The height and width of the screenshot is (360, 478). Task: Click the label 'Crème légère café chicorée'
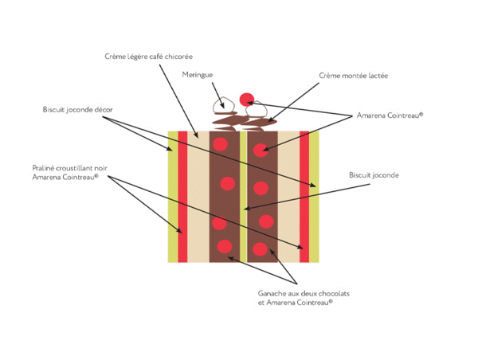[149, 57]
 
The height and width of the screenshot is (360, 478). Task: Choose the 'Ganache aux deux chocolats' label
[304, 294]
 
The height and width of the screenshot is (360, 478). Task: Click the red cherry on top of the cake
[247, 100]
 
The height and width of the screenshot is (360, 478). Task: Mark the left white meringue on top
[221, 104]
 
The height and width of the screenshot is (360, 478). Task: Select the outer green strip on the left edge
[173, 196]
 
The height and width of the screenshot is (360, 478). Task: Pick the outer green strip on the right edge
[313, 196]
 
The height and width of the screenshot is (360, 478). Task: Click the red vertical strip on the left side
[182, 196]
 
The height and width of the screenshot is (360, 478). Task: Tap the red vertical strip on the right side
[304, 196]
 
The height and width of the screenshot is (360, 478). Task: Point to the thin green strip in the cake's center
[243, 196]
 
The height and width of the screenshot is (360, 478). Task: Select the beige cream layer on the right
[287, 196]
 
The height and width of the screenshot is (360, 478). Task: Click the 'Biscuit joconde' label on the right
[374, 174]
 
